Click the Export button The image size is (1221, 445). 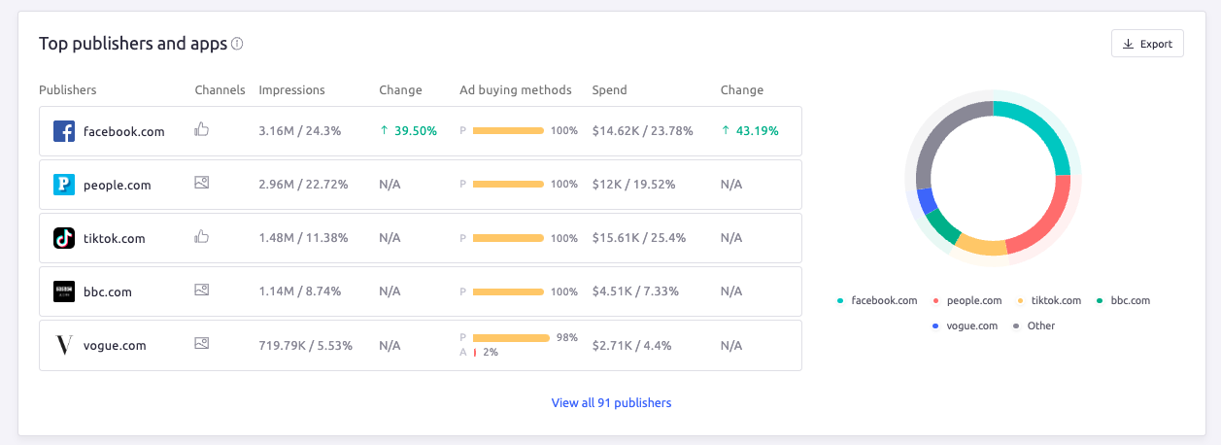click(1147, 44)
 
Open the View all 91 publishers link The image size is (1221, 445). click(611, 402)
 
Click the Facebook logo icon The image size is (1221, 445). click(64, 131)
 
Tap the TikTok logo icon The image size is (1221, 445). click(64, 238)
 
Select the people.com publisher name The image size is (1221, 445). click(117, 185)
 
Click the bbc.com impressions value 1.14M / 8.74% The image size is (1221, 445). click(299, 291)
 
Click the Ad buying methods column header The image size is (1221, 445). click(516, 90)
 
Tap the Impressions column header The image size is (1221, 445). click(291, 90)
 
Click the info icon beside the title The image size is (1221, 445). click(238, 44)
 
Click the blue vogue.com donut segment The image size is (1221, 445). click(927, 200)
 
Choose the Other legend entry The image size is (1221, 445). click(1040, 325)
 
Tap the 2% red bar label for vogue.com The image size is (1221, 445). click(490, 353)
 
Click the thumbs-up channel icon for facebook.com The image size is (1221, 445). click(202, 129)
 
